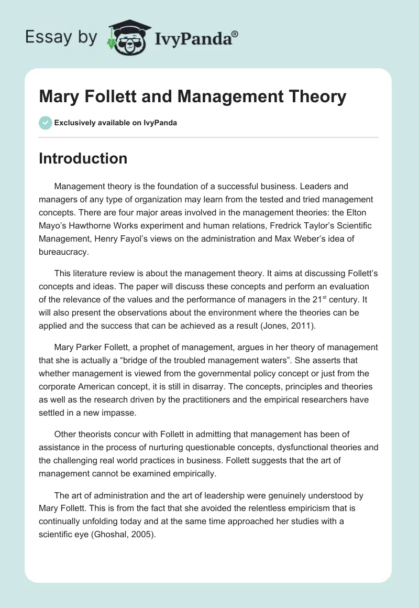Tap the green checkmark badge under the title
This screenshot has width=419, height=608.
45,123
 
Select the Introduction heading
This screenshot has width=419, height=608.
83,158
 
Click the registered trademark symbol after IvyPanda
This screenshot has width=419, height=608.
235,34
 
